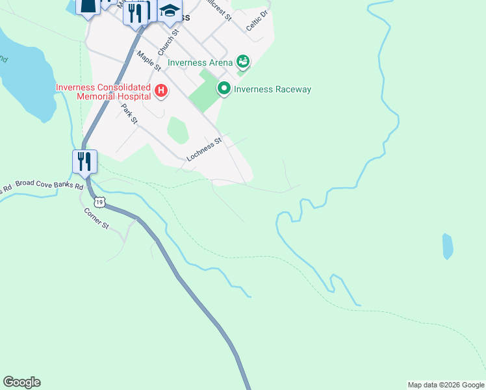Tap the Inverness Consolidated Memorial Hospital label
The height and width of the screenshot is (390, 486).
coord(103,92)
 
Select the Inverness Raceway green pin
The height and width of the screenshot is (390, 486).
coord(224,88)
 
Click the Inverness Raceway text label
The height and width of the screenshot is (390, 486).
coord(272,90)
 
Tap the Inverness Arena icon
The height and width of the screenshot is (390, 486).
coord(243,62)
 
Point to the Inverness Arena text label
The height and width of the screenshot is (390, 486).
coord(200,63)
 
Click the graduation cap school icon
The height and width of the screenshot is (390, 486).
coord(170,11)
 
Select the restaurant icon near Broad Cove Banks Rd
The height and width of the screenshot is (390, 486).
coord(84,162)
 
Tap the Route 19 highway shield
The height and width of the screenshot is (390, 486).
coord(99,202)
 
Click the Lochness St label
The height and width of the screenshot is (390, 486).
coord(204,149)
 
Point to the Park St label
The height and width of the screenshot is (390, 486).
coord(129,114)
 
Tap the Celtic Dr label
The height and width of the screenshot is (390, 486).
coord(257,20)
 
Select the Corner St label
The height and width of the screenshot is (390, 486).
coord(96,218)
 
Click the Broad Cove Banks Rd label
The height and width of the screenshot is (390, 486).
coord(49,186)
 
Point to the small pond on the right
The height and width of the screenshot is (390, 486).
coord(447,246)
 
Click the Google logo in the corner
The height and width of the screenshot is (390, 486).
coord(21,382)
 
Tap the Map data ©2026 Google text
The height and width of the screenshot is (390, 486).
coord(446,385)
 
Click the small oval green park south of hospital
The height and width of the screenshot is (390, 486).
coord(177,130)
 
